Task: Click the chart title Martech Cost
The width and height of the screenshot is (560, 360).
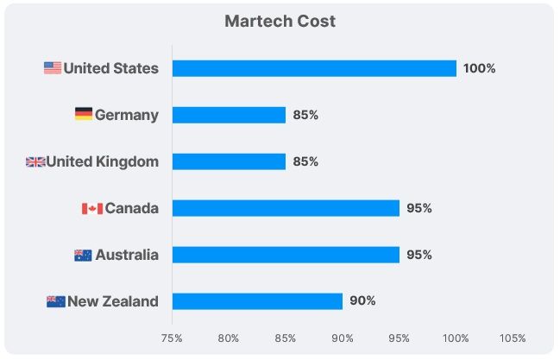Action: pos(280,21)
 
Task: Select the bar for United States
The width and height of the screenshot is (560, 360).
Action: pos(314,68)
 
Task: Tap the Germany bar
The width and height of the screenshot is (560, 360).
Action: pos(229,115)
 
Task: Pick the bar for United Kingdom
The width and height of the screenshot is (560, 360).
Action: pos(229,161)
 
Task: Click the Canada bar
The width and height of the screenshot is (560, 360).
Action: pos(286,208)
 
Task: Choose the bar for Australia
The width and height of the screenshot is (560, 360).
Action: pos(286,255)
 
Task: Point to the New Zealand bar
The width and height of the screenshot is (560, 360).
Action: pos(257,301)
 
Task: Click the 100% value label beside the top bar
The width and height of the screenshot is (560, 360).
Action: pos(479,68)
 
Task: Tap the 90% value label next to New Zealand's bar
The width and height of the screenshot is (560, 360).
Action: pos(362,301)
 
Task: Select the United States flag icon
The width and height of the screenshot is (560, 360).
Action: pos(53,68)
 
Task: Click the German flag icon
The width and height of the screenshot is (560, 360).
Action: pos(84,115)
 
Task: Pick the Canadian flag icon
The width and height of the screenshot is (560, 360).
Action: pos(92,208)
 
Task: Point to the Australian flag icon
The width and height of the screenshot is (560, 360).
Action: pos(84,255)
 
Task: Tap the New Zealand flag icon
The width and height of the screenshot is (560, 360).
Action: pos(55,301)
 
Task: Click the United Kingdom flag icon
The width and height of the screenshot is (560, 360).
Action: pos(35,161)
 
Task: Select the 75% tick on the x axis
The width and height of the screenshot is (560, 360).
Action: pos(172,338)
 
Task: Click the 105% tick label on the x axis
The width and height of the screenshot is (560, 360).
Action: pos(512,338)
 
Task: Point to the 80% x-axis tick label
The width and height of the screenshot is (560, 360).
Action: pos(229,338)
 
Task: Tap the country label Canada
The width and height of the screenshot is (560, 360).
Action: pos(131,208)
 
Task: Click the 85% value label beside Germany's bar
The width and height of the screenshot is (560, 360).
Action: pos(305,115)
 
